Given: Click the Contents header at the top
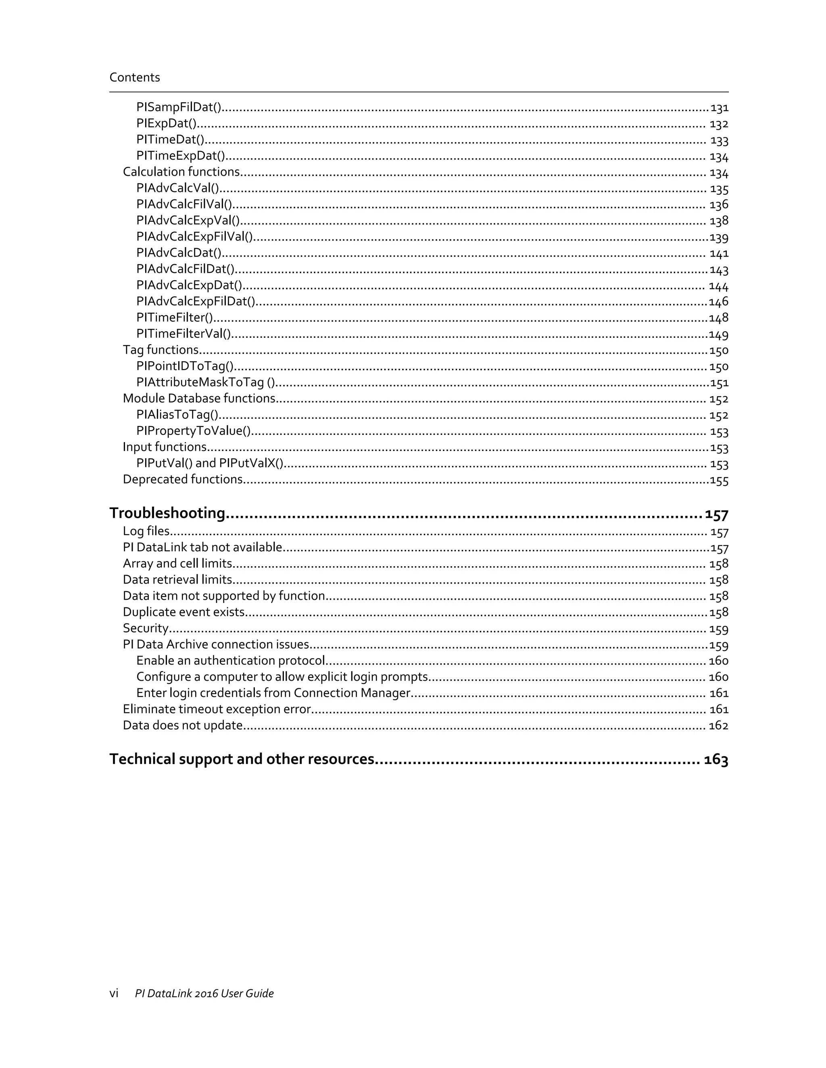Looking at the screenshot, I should (135, 77).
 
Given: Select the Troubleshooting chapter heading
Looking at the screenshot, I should (167, 513).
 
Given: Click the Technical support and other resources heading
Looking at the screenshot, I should (242, 759).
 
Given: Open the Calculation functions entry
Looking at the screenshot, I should (181, 172).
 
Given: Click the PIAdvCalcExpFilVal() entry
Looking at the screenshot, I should (194, 237).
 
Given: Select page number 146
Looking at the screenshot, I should (718, 302).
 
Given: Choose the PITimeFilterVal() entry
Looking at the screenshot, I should (184, 334).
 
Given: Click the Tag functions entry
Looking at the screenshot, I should (161, 350).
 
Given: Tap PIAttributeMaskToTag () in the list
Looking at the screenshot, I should (206, 382).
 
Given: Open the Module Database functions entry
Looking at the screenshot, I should (199, 399).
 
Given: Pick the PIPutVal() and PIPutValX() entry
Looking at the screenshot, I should (210, 463).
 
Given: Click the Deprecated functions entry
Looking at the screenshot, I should (183, 479).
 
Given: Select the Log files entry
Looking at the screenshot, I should (146, 531).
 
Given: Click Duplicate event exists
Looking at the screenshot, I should (184, 612).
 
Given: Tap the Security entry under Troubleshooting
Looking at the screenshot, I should (145, 628).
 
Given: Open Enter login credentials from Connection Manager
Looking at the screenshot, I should (273, 693).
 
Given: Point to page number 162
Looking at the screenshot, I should (718, 726).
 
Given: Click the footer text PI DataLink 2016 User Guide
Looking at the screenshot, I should (204, 993).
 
